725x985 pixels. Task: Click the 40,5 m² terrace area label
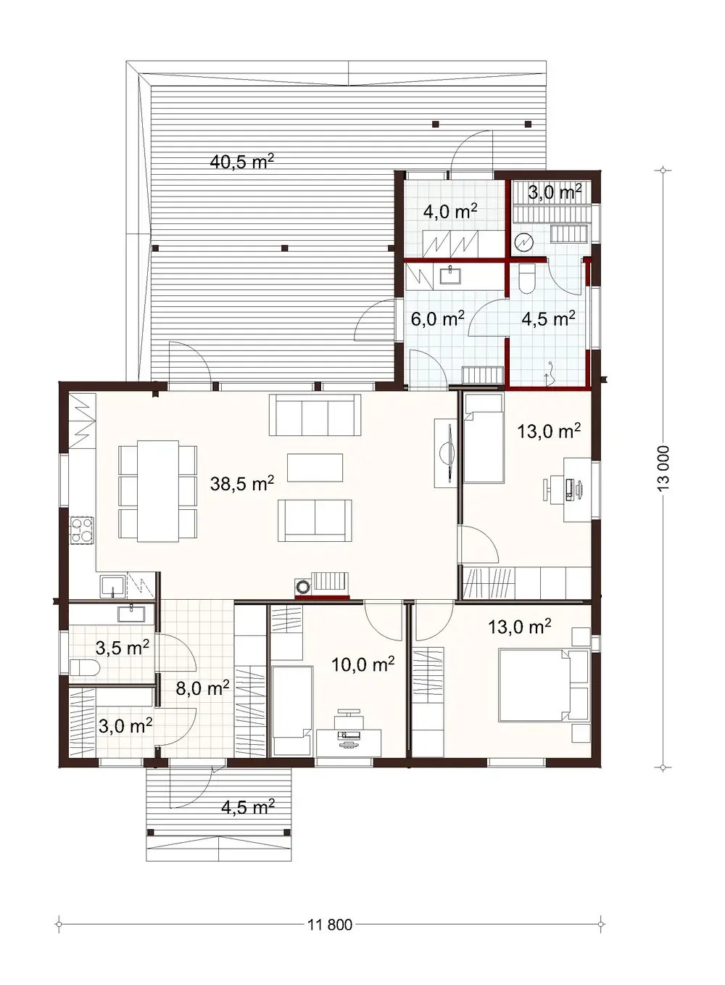[x=241, y=161]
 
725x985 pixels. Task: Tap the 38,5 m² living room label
[x=241, y=483]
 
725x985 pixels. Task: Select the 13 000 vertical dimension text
[x=668, y=469]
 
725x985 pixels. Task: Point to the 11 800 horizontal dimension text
[x=330, y=925]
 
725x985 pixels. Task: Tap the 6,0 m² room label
[x=437, y=318]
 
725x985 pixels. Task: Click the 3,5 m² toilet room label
[x=123, y=647]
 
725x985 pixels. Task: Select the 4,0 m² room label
[x=449, y=211]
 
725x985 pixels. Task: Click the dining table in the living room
[x=158, y=491]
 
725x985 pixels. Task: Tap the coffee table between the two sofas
[x=315, y=467]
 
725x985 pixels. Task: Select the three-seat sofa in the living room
[x=315, y=414]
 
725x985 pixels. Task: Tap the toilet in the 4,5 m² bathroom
[x=527, y=278]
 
